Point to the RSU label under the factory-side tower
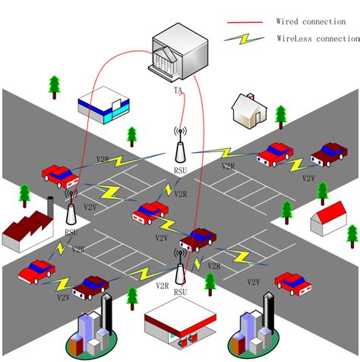coord(70,232)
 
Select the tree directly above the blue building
coord(54,86)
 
